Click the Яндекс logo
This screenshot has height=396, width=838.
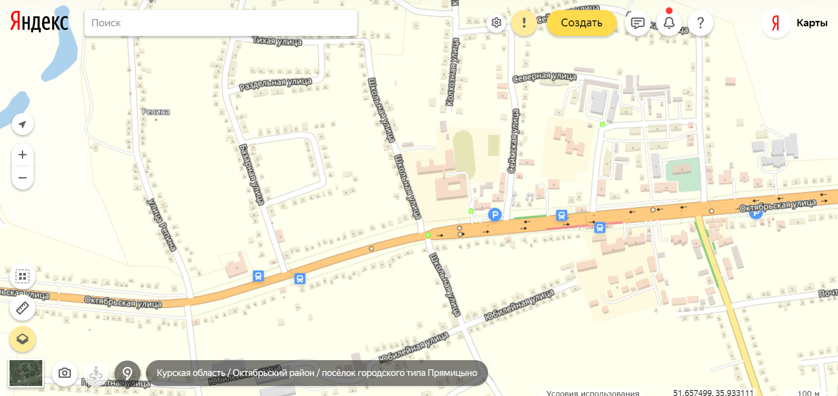[x=40, y=22]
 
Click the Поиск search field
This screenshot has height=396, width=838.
[x=220, y=23]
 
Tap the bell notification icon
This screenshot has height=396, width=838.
[x=669, y=23]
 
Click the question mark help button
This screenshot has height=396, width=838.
[x=700, y=23]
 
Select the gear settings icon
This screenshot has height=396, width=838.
[x=496, y=23]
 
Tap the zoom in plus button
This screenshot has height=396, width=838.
[x=22, y=155]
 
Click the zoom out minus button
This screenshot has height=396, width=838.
[x=22, y=178]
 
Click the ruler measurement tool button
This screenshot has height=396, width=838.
[x=22, y=308]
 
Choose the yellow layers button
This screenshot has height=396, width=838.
[x=22, y=339]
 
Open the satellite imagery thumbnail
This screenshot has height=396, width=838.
[x=26, y=373]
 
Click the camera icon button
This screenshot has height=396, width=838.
[x=65, y=373]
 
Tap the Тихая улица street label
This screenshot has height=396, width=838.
[x=277, y=41]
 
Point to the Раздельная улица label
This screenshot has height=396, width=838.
[x=275, y=84]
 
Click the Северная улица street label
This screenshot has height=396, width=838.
[x=544, y=77]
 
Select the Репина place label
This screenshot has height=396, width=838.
[x=155, y=112]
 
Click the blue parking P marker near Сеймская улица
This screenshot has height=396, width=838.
[x=494, y=214]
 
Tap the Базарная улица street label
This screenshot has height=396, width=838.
[x=251, y=174]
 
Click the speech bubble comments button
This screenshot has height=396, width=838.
[x=638, y=23]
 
